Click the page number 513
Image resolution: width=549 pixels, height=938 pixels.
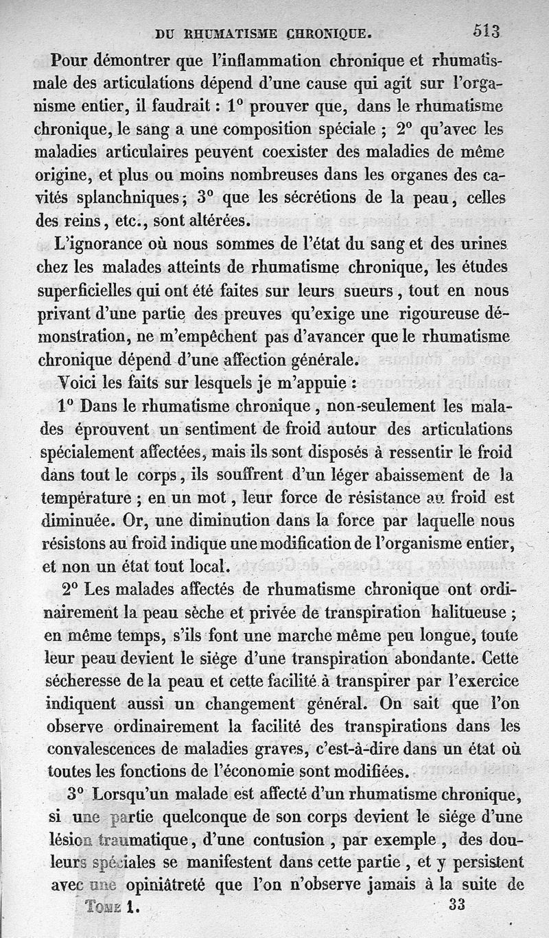click(487, 31)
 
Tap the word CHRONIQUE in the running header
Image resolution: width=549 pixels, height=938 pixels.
click(320, 32)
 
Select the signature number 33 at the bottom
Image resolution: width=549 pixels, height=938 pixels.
click(457, 904)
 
